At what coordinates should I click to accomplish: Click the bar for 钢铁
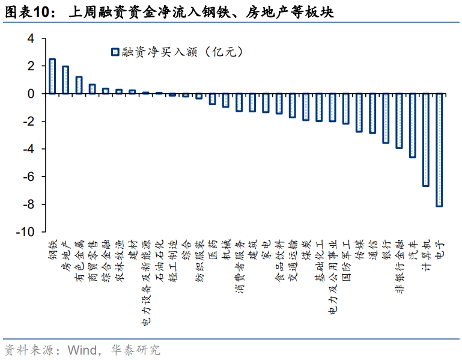click(52, 76)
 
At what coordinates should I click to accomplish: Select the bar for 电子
click(439, 150)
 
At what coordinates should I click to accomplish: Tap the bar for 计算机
click(426, 139)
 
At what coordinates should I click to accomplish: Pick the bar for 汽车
click(413, 125)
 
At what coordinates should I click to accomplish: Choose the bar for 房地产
click(65, 80)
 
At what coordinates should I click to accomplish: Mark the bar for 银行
click(386, 118)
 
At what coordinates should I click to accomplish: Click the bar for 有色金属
click(79, 85)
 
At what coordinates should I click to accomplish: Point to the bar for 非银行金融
click(399, 121)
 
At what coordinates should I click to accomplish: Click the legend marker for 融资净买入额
click(114, 52)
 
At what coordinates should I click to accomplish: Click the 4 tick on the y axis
click(31, 38)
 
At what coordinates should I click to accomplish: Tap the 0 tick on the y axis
click(31, 94)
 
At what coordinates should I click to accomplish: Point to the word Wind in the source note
click(82, 349)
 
